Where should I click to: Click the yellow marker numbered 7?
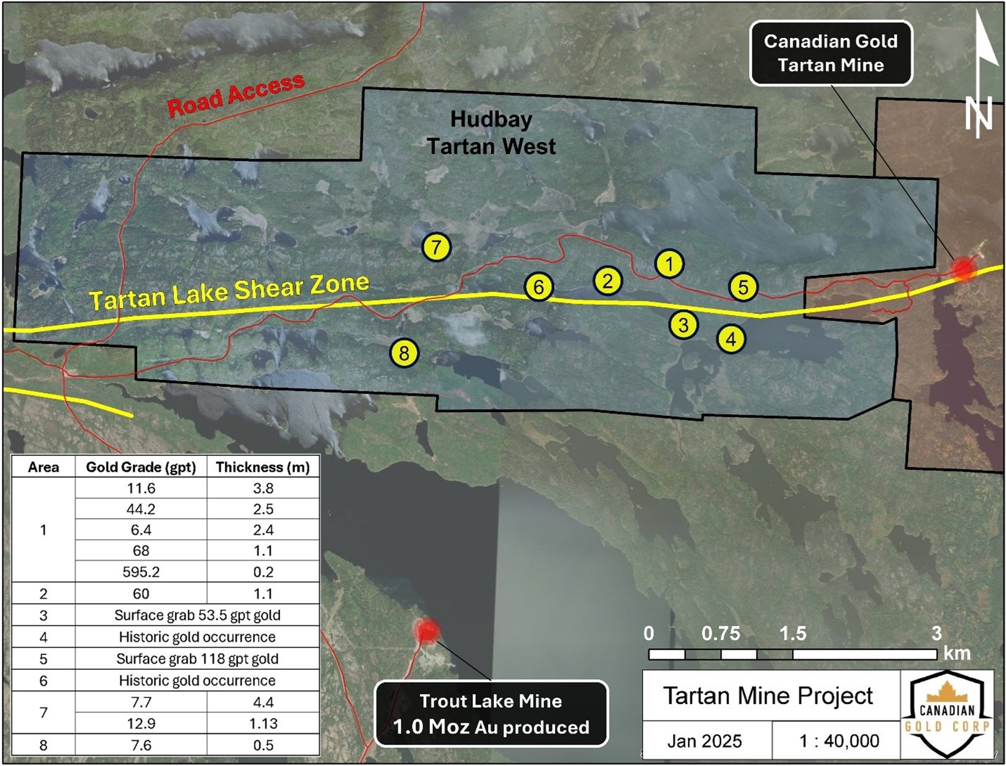436,247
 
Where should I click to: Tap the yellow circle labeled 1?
669,264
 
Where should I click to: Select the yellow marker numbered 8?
404,354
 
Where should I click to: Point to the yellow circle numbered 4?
731,339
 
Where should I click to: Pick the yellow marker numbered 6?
539,287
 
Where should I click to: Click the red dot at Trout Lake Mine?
427,631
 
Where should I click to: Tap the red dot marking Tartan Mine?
964,269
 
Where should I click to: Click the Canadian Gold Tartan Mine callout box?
830,53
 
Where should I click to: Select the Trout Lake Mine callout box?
491,714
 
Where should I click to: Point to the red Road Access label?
236,95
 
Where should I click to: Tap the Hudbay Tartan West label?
491,133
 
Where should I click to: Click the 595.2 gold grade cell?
141,572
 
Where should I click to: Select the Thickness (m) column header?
263,467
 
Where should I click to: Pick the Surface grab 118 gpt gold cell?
197,659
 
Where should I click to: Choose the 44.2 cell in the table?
141,509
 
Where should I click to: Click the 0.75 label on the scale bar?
720,634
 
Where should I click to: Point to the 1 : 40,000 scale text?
839,741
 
